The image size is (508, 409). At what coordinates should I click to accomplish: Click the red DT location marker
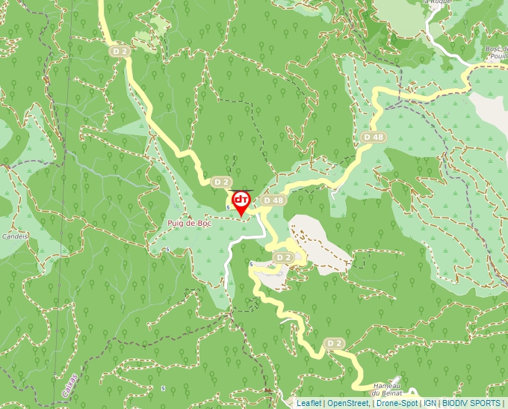(x=241, y=203)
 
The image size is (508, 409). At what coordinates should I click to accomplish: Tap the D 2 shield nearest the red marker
(x=220, y=182)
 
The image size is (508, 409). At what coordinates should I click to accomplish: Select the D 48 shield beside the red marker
(x=273, y=200)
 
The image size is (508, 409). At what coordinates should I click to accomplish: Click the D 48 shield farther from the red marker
(x=374, y=138)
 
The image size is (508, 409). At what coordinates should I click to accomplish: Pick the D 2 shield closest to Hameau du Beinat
(x=334, y=343)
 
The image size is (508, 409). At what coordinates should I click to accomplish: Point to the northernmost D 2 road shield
(x=119, y=51)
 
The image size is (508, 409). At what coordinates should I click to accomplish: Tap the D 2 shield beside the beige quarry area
(x=282, y=257)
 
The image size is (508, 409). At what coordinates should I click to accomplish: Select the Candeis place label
(x=15, y=236)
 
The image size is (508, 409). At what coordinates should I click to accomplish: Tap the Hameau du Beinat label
(x=386, y=389)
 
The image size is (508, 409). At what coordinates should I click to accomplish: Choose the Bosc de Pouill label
(x=495, y=53)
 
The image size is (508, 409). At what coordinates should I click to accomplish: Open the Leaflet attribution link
(x=309, y=403)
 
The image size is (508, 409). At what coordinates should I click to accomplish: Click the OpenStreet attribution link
(x=348, y=403)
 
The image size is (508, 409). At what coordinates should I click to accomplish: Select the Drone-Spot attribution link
(x=397, y=403)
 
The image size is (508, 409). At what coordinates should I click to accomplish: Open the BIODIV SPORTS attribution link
(x=471, y=403)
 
